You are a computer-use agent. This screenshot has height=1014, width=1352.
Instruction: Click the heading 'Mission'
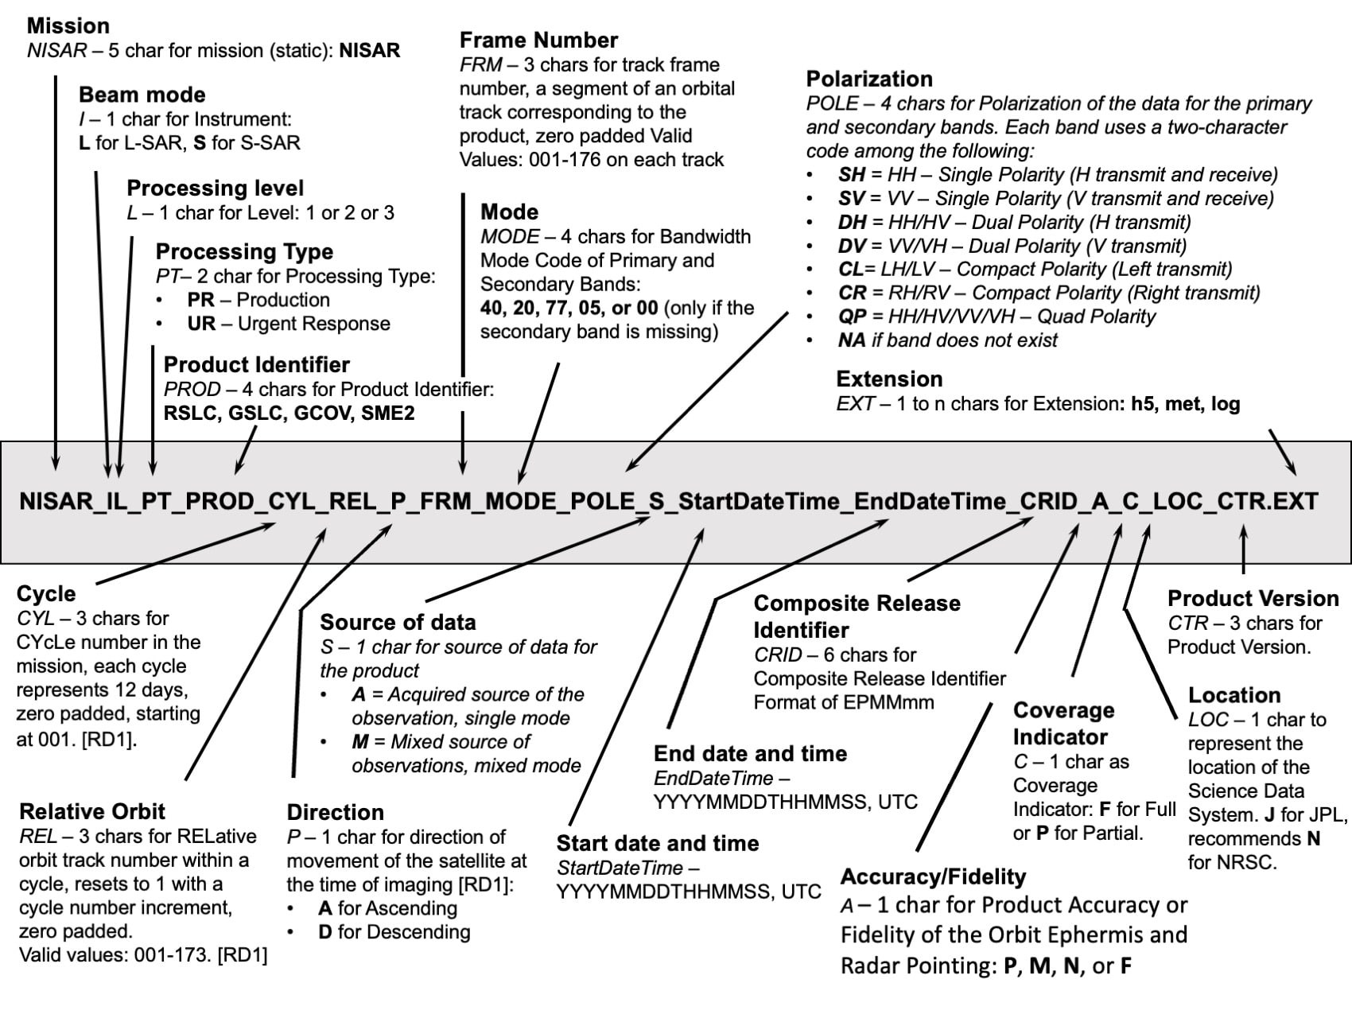point(68,25)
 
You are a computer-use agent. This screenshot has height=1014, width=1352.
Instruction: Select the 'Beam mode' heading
point(142,95)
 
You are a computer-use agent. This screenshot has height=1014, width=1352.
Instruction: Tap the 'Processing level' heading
point(215,188)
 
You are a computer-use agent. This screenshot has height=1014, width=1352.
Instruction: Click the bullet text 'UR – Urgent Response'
point(288,324)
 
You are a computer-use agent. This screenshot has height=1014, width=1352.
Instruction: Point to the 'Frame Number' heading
point(538,40)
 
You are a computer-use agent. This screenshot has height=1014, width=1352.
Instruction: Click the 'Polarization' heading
point(868,79)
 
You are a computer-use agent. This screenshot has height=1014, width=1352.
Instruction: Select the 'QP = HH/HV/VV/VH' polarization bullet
point(996,317)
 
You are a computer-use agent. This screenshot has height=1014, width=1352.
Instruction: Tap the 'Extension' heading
point(889,379)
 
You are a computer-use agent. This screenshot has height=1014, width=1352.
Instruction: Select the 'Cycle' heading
point(46,593)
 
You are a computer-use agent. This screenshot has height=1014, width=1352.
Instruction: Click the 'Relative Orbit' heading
point(92,811)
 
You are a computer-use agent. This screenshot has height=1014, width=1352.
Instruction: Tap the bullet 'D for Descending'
point(394,931)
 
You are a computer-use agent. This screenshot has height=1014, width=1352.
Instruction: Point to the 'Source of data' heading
point(398,622)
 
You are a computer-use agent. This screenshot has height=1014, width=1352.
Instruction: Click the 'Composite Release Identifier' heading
point(857,616)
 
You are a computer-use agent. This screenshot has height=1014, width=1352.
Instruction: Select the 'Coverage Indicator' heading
point(1063,723)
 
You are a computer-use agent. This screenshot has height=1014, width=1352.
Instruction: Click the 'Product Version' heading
point(1253,598)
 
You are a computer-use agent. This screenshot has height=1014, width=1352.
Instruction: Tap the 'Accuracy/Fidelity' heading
point(933,876)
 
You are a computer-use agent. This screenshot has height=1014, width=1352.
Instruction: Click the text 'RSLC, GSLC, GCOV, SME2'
point(289,413)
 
